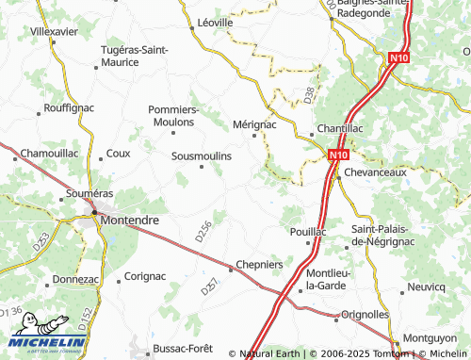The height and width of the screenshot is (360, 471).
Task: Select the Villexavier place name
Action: (x=54, y=31)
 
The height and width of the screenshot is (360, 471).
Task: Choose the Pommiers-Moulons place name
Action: (x=173, y=115)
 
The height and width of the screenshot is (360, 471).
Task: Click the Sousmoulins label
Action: (x=202, y=155)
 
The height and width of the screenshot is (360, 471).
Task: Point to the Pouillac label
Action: (x=308, y=231)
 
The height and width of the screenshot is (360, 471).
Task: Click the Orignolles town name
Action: (x=365, y=314)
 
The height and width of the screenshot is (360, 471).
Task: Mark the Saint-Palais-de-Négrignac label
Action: (x=387, y=236)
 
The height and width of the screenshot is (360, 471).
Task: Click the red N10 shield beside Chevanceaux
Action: (x=338, y=154)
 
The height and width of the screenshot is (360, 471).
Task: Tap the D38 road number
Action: (x=310, y=95)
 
